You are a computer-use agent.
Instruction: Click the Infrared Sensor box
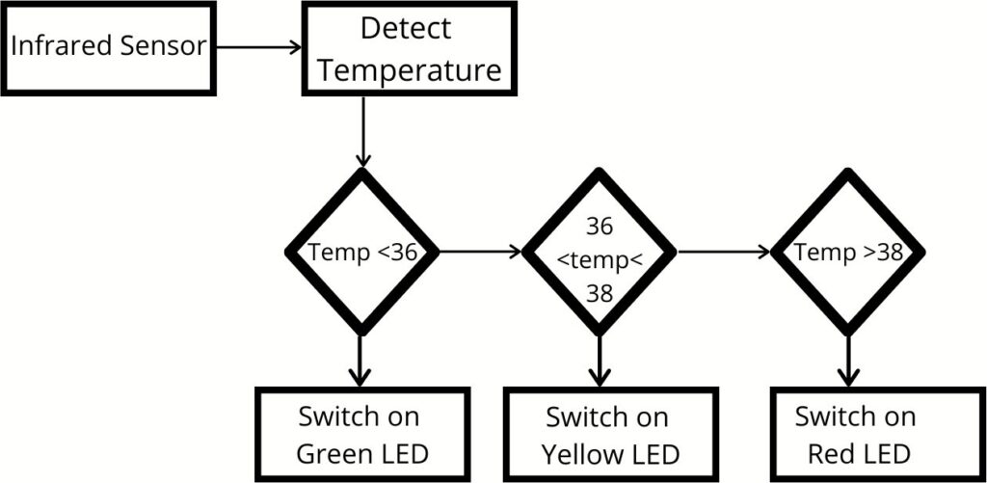click(x=107, y=47)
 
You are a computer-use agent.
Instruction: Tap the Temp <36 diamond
click(x=362, y=253)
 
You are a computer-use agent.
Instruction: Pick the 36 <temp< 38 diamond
click(x=600, y=253)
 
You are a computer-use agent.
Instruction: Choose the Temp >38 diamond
click(x=847, y=253)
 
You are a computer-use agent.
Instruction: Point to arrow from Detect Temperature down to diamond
click(x=363, y=130)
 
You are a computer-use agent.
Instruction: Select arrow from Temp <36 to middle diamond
click(x=479, y=253)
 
